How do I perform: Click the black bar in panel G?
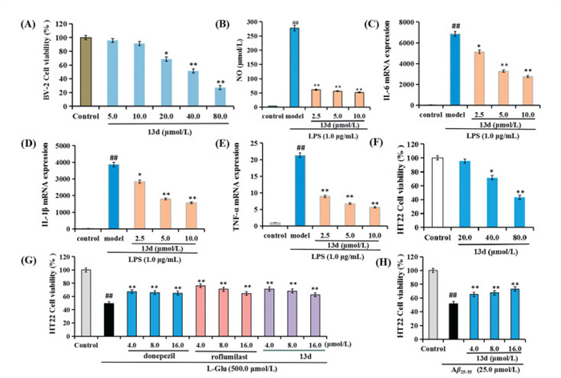tap(103, 324)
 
